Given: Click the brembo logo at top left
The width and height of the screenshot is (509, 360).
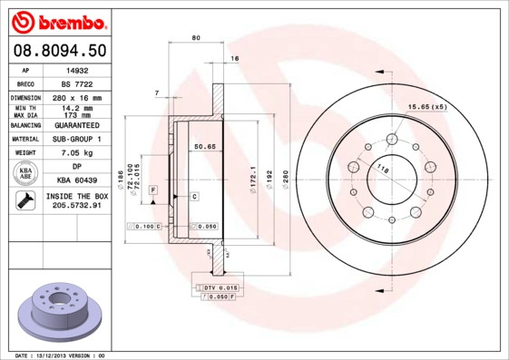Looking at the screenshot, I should tap(56, 20).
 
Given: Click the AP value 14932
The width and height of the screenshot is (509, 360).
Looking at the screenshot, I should tap(78, 69).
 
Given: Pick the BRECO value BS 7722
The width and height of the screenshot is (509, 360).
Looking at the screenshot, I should tap(78, 83).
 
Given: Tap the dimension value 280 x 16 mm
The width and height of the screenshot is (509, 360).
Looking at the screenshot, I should tap(78, 97).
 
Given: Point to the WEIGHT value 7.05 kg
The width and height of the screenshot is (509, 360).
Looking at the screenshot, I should tap(78, 153).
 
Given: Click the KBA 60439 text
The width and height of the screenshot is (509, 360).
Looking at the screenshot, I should tap(78, 180).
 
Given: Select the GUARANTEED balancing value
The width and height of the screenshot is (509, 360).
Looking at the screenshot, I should tap(78, 125).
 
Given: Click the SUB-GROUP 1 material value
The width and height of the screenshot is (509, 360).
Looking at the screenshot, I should tap(78, 139).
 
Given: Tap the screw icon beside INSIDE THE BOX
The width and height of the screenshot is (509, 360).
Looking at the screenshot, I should tap(25, 201).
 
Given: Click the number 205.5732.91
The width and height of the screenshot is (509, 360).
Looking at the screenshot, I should tap(78, 206).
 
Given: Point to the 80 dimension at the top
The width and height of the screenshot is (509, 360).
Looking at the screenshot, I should tap(196, 37).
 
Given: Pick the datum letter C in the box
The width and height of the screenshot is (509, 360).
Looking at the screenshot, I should tap(194, 196).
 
